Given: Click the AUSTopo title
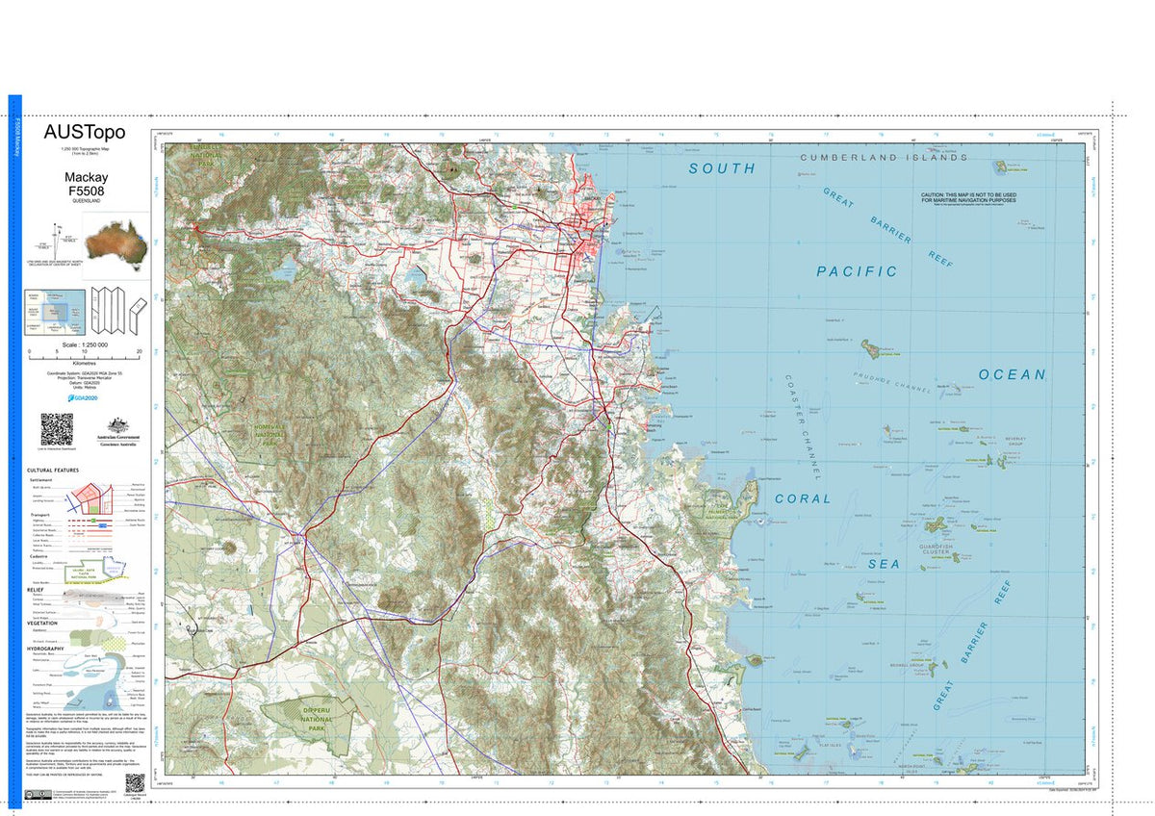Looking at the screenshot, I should [85, 133].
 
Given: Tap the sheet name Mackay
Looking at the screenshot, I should [86, 178].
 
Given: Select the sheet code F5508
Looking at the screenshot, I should [86, 191].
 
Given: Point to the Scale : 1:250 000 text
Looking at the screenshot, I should [85, 344].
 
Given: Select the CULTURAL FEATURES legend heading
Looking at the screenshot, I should [53, 471].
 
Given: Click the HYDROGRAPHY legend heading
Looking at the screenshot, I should [45, 649].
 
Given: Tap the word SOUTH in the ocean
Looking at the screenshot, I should [722, 168].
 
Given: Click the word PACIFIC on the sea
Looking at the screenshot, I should [857, 271].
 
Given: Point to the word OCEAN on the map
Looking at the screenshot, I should [1011, 374].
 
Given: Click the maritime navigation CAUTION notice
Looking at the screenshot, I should [968, 197].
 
